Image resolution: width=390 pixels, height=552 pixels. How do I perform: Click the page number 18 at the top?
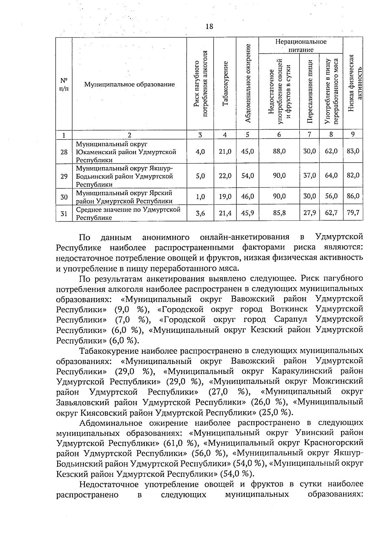click(x=209, y=26)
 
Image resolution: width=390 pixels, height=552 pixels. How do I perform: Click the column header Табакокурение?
click(x=225, y=84)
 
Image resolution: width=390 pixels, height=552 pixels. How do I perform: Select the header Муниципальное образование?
click(x=129, y=85)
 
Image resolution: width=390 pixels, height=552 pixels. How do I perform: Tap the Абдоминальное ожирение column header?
click(x=248, y=84)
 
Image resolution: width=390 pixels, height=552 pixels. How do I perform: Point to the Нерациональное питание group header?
click(x=301, y=46)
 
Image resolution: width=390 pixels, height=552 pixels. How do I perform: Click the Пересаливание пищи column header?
click(x=310, y=92)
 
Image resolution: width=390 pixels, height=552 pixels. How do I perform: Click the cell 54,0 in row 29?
click(x=248, y=176)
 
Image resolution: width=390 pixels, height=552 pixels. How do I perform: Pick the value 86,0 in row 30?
click(x=353, y=196)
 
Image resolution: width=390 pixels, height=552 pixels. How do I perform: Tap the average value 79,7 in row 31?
click(x=353, y=213)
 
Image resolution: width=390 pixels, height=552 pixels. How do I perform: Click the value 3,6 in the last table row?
click(x=200, y=213)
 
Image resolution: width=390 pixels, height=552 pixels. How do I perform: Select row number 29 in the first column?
click(x=64, y=176)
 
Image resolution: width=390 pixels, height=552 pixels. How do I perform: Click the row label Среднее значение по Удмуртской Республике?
click(x=128, y=213)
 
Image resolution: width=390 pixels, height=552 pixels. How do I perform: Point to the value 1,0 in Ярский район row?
click(x=200, y=196)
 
